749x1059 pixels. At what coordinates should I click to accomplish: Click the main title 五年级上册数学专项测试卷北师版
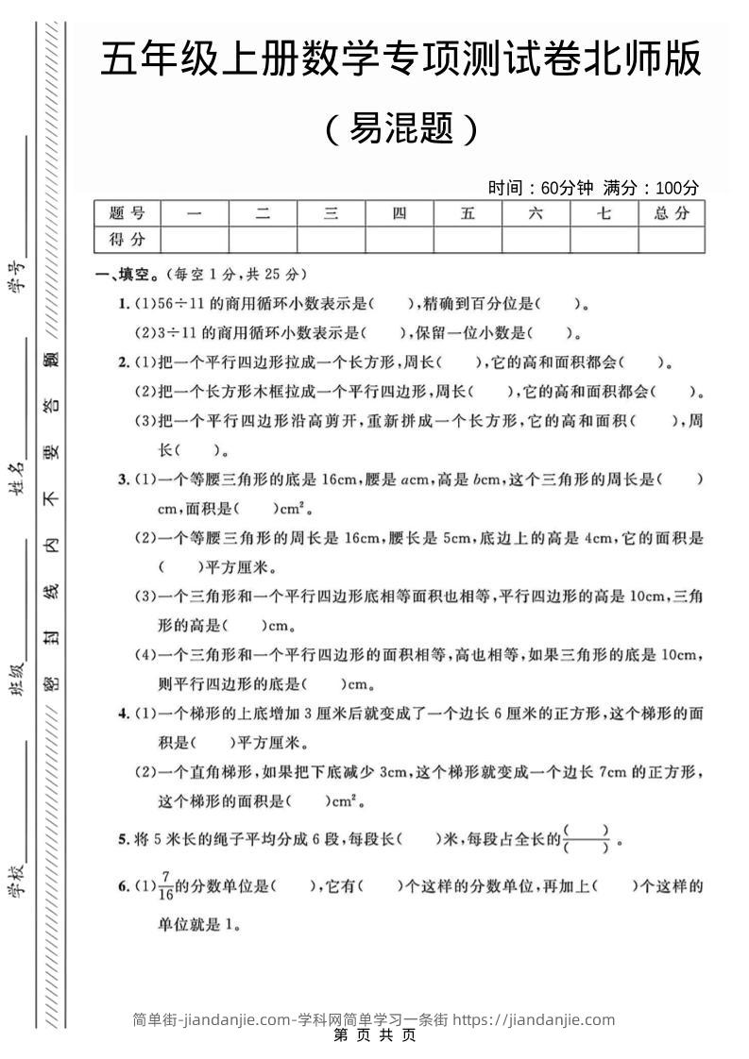pos(400,60)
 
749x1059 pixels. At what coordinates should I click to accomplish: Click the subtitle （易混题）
pos(401,127)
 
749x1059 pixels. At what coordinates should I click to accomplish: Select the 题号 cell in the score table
pos(128,213)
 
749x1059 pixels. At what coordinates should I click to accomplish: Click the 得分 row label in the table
pos(128,239)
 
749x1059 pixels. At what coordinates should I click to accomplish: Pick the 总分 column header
pos(672,213)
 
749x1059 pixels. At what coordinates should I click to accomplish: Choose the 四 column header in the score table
pos(400,213)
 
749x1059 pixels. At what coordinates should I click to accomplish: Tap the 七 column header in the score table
pos(604,213)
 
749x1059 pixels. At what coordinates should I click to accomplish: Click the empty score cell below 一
pos(195,239)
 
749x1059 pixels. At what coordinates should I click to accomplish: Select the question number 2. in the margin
pos(124,362)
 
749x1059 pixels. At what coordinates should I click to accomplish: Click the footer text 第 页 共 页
pos(375,1034)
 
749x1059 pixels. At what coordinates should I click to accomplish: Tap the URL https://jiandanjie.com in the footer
pos(534,1019)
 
